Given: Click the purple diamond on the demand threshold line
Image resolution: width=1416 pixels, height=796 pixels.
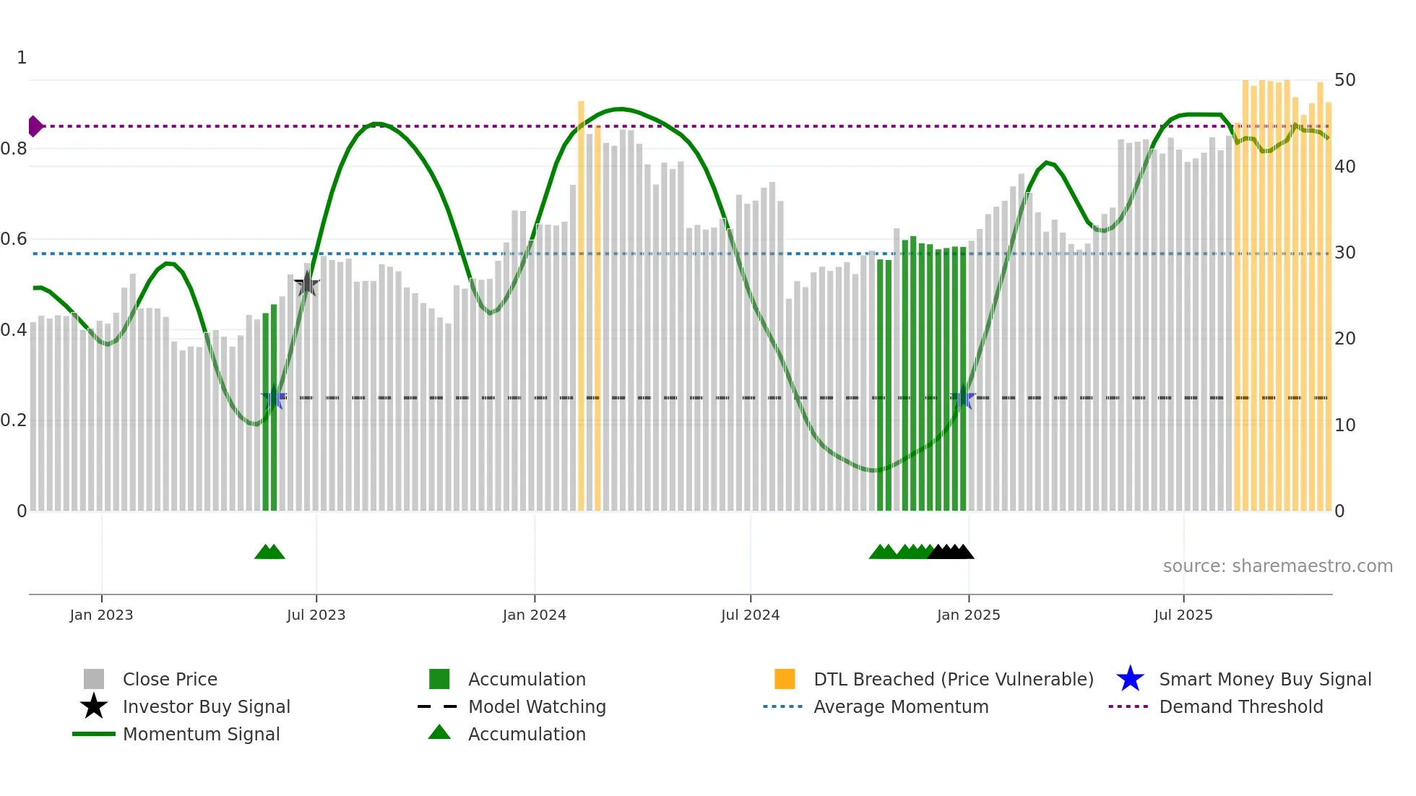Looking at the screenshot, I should [35, 126].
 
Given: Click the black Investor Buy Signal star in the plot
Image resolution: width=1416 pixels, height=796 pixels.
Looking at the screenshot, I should [307, 284].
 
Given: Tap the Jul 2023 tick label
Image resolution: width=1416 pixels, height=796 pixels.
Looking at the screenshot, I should [316, 615].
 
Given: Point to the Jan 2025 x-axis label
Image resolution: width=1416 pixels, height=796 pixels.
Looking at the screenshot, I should [968, 615].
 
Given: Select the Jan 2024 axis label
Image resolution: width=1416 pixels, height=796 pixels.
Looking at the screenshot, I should [534, 615].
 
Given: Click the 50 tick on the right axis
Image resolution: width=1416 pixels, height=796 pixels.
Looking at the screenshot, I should [1344, 80].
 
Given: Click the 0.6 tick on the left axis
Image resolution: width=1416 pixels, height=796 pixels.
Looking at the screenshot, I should [14, 239].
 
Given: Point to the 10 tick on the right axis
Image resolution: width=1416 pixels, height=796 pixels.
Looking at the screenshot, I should [1344, 425].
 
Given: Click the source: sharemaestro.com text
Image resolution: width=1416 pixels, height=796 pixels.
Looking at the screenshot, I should [1277, 566].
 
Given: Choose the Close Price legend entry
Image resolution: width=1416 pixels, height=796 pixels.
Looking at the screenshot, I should [170, 679].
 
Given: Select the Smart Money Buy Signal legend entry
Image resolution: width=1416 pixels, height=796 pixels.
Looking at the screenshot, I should [1264, 679].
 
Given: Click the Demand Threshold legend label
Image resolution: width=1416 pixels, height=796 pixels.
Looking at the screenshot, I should [1240, 706].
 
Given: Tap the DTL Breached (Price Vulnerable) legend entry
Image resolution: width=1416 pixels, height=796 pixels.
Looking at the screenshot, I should [953, 679].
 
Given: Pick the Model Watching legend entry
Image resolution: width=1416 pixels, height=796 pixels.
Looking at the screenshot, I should [536, 706].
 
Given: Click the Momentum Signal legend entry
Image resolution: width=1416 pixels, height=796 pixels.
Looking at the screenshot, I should [201, 734].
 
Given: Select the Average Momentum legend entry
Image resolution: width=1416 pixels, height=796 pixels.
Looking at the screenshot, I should [900, 706].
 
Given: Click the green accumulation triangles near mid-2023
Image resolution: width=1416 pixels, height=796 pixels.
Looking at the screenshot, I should [269, 552].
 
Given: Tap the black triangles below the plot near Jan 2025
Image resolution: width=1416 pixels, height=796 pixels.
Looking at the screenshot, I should [951, 552].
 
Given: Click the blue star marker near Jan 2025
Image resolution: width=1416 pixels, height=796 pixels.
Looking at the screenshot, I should [964, 398].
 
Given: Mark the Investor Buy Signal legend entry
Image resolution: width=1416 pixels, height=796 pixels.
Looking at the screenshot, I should [206, 706].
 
